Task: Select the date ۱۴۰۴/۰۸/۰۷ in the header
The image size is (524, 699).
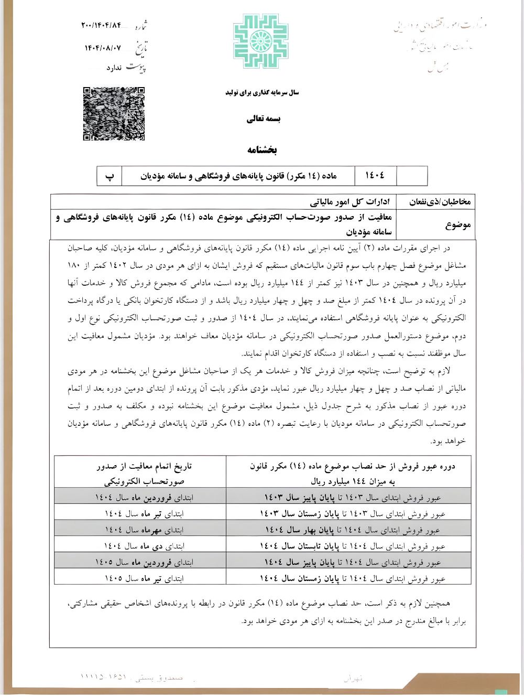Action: [103, 48]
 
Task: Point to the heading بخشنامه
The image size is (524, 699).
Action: [262, 150]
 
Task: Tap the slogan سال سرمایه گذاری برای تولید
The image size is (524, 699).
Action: [262, 93]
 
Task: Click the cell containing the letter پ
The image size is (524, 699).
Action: [110, 176]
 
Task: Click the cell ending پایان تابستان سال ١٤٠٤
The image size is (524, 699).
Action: [353, 546]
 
